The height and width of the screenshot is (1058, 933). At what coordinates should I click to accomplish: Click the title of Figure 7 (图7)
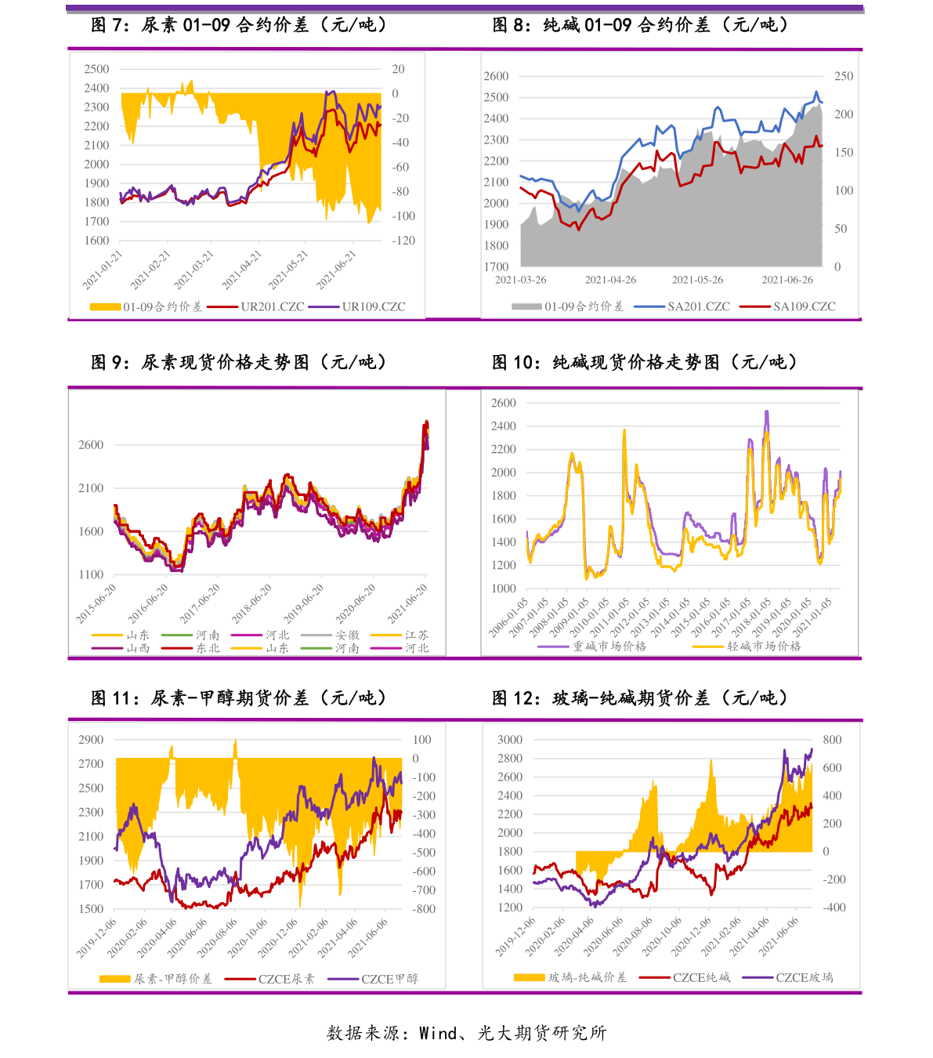(240, 25)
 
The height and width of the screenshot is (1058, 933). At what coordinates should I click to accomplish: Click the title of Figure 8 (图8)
(641, 25)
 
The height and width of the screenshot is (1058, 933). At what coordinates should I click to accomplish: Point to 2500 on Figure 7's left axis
(97, 69)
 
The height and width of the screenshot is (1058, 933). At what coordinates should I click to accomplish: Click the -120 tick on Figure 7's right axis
(403, 241)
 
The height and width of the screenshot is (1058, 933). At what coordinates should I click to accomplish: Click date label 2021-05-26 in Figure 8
(697, 280)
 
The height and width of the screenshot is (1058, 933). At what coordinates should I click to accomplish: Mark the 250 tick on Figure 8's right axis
(844, 76)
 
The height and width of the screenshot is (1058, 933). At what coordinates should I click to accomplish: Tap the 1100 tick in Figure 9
(91, 574)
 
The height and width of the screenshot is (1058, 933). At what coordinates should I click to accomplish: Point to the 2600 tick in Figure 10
(504, 403)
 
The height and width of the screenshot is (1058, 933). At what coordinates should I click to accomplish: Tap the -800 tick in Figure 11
(424, 909)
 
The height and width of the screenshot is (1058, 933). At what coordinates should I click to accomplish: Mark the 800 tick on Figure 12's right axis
(832, 740)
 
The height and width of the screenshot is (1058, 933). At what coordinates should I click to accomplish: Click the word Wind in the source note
(438, 1033)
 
